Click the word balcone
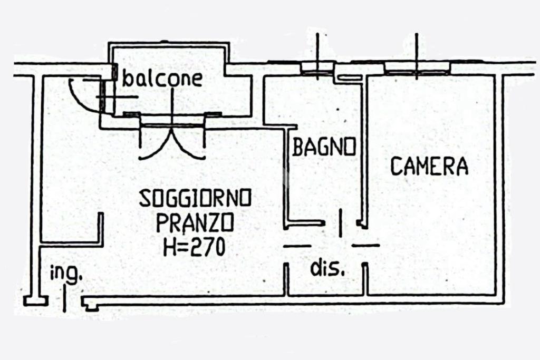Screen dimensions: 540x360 162,79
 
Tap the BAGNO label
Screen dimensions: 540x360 324,147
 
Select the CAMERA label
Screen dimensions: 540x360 429,166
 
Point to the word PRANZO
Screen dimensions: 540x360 195,222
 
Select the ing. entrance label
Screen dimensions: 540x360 66,274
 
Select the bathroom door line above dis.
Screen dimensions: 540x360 341,223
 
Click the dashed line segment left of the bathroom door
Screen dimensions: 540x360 297,246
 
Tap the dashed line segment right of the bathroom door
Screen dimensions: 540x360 365,246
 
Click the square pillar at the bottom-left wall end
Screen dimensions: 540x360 35,301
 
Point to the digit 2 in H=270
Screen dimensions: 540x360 195,247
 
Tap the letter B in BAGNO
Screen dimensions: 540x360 297,147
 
